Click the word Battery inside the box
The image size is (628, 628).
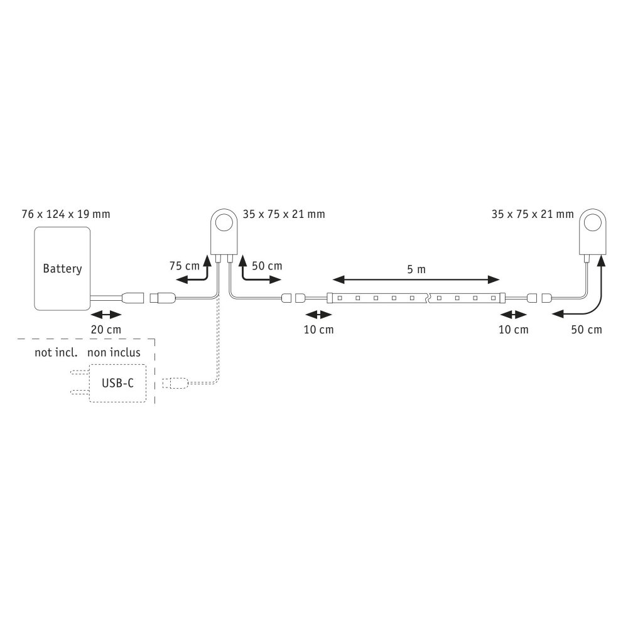click(x=62, y=268)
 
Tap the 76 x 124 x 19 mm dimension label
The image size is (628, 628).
click(x=66, y=214)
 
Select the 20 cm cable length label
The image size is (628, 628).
click(x=106, y=330)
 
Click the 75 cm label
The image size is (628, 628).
click(x=184, y=266)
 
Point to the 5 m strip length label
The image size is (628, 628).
click(x=416, y=269)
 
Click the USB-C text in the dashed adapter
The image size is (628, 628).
click(x=117, y=383)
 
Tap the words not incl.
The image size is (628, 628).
click(x=56, y=352)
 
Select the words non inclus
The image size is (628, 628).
click(x=114, y=352)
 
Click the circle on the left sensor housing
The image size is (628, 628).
click(x=224, y=223)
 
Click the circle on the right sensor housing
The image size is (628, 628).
click(x=593, y=223)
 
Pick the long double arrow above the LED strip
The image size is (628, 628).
click(x=416, y=279)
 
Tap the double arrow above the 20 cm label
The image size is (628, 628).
click(x=106, y=315)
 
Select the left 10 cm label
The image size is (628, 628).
click(x=319, y=330)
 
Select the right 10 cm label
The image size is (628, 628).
click(x=514, y=330)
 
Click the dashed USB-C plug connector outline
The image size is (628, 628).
click(x=175, y=383)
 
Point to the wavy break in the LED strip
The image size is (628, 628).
click(x=428, y=298)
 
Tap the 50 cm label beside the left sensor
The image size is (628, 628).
click(x=267, y=266)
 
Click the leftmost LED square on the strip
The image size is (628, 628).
click(x=340, y=298)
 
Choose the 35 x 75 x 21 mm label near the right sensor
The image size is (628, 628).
click(x=533, y=214)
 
